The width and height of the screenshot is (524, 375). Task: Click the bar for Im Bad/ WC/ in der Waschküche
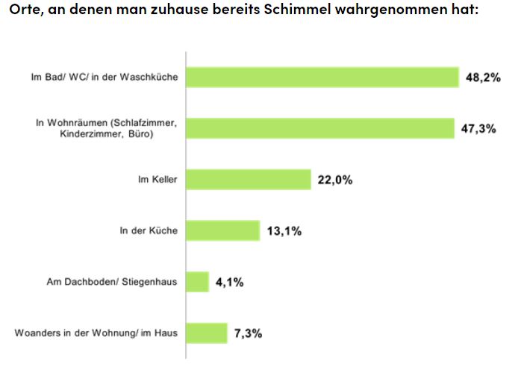point(322,77)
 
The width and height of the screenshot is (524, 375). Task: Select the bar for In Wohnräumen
point(319,127)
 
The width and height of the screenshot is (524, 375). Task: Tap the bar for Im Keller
point(248,179)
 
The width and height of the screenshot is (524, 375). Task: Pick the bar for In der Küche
point(222,230)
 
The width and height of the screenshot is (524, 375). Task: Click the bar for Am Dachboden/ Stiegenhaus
point(197,282)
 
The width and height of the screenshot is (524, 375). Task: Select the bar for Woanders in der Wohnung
point(206,333)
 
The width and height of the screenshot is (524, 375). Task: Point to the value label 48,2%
point(483,77)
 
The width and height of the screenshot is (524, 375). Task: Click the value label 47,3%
point(479,127)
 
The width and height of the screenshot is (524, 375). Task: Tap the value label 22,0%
point(334,179)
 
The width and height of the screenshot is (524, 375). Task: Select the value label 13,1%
point(284,230)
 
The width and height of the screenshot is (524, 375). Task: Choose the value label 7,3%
point(248,333)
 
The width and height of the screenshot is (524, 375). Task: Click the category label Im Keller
point(157,179)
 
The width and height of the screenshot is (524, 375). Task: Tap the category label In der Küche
point(149,230)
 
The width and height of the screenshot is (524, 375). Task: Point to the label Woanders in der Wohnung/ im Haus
point(96,333)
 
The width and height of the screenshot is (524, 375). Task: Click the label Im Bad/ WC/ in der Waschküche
point(104,77)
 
